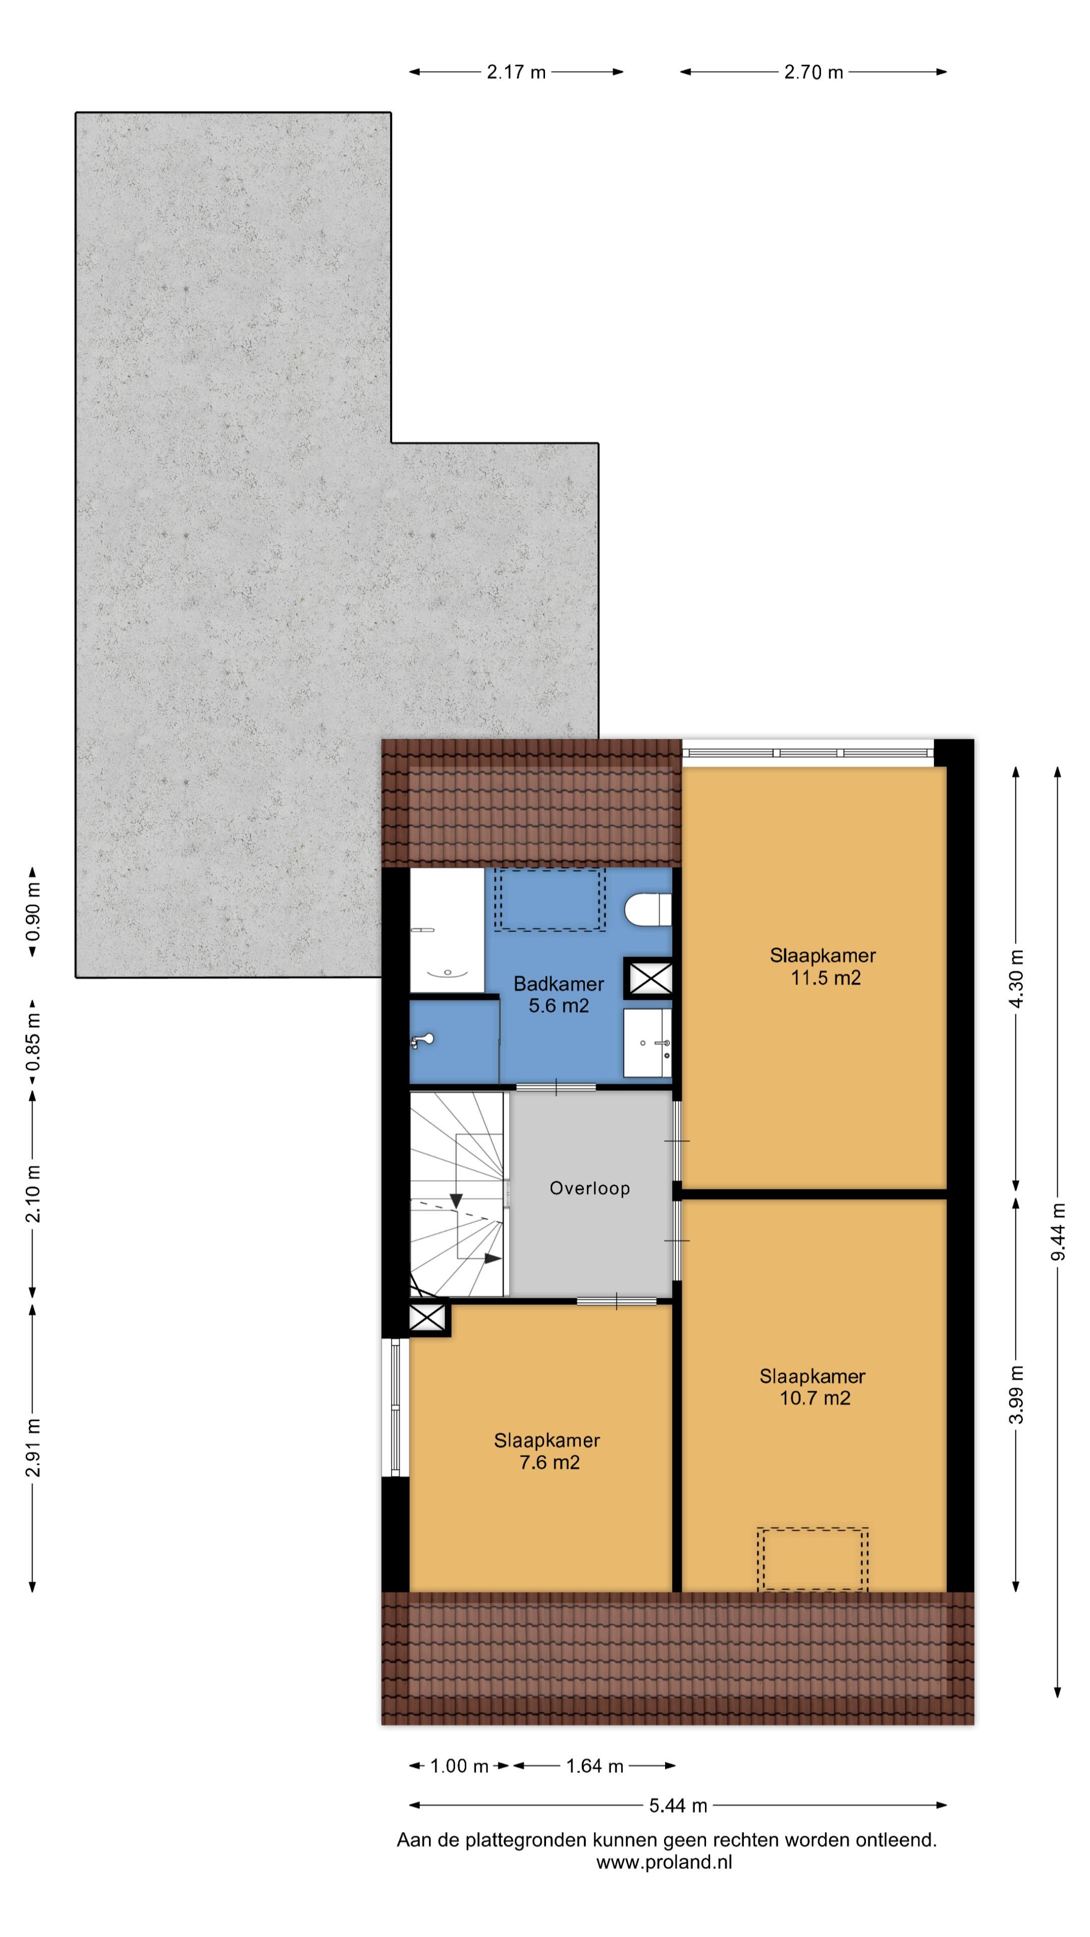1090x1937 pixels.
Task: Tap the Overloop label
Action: coord(590,1188)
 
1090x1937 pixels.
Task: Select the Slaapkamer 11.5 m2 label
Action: coord(823,966)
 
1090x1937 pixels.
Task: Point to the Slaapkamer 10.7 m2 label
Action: coord(812,1387)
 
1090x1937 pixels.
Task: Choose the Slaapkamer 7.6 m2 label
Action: coord(547,1451)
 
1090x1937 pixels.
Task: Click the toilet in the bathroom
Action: coord(647,910)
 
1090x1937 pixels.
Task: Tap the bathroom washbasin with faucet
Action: coord(647,1043)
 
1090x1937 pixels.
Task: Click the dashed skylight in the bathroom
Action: coord(550,900)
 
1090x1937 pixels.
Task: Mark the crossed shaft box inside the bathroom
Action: coord(650,978)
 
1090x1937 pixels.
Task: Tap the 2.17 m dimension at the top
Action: coord(516,72)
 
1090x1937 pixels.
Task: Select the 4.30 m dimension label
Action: coord(1016,979)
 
